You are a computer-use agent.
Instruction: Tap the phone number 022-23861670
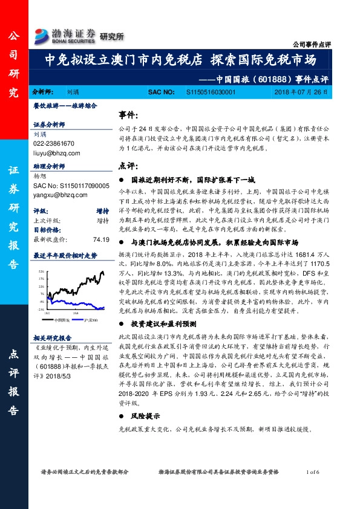tap(54, 144)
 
